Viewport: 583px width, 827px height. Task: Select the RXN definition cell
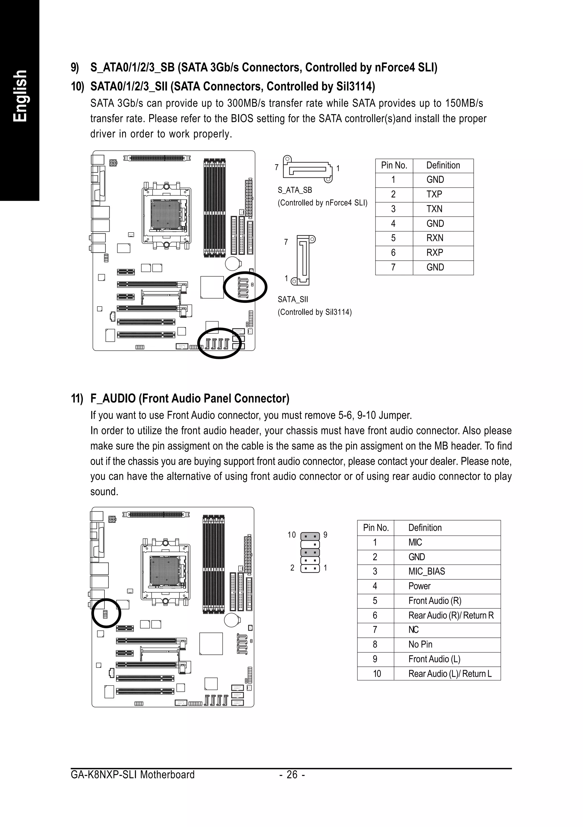435,238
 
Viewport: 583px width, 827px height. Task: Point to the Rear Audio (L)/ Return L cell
450,674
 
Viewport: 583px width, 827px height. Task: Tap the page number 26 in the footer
292,774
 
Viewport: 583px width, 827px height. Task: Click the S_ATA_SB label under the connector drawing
295,190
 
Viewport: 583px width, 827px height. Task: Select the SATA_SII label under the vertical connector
293,299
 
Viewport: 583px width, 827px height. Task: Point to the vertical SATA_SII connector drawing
303,260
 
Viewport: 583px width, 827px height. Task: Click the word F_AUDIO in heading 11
113,398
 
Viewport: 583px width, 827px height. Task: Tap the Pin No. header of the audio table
375,528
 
